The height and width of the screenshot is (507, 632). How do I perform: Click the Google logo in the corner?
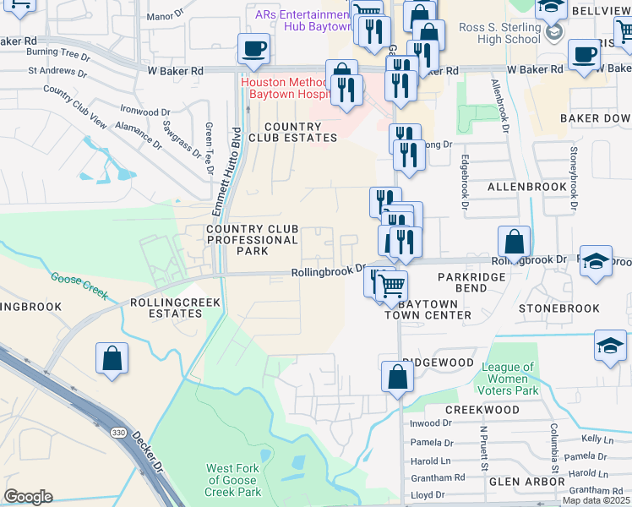click(28, 497)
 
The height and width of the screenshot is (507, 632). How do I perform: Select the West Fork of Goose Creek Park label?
click(234, 480)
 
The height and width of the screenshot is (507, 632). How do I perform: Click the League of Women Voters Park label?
click(509, 379)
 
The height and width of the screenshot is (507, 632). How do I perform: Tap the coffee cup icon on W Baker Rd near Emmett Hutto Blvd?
click(253, 50)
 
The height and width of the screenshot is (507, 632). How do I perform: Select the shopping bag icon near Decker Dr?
click(112, 358)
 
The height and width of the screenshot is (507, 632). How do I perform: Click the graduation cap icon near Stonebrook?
click(610, 345)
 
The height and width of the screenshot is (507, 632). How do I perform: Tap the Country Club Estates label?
click(292, 131)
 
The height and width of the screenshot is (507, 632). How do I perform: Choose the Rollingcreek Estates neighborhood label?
click(176, 308)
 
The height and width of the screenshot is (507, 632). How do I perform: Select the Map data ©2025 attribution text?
click(595, 500)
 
